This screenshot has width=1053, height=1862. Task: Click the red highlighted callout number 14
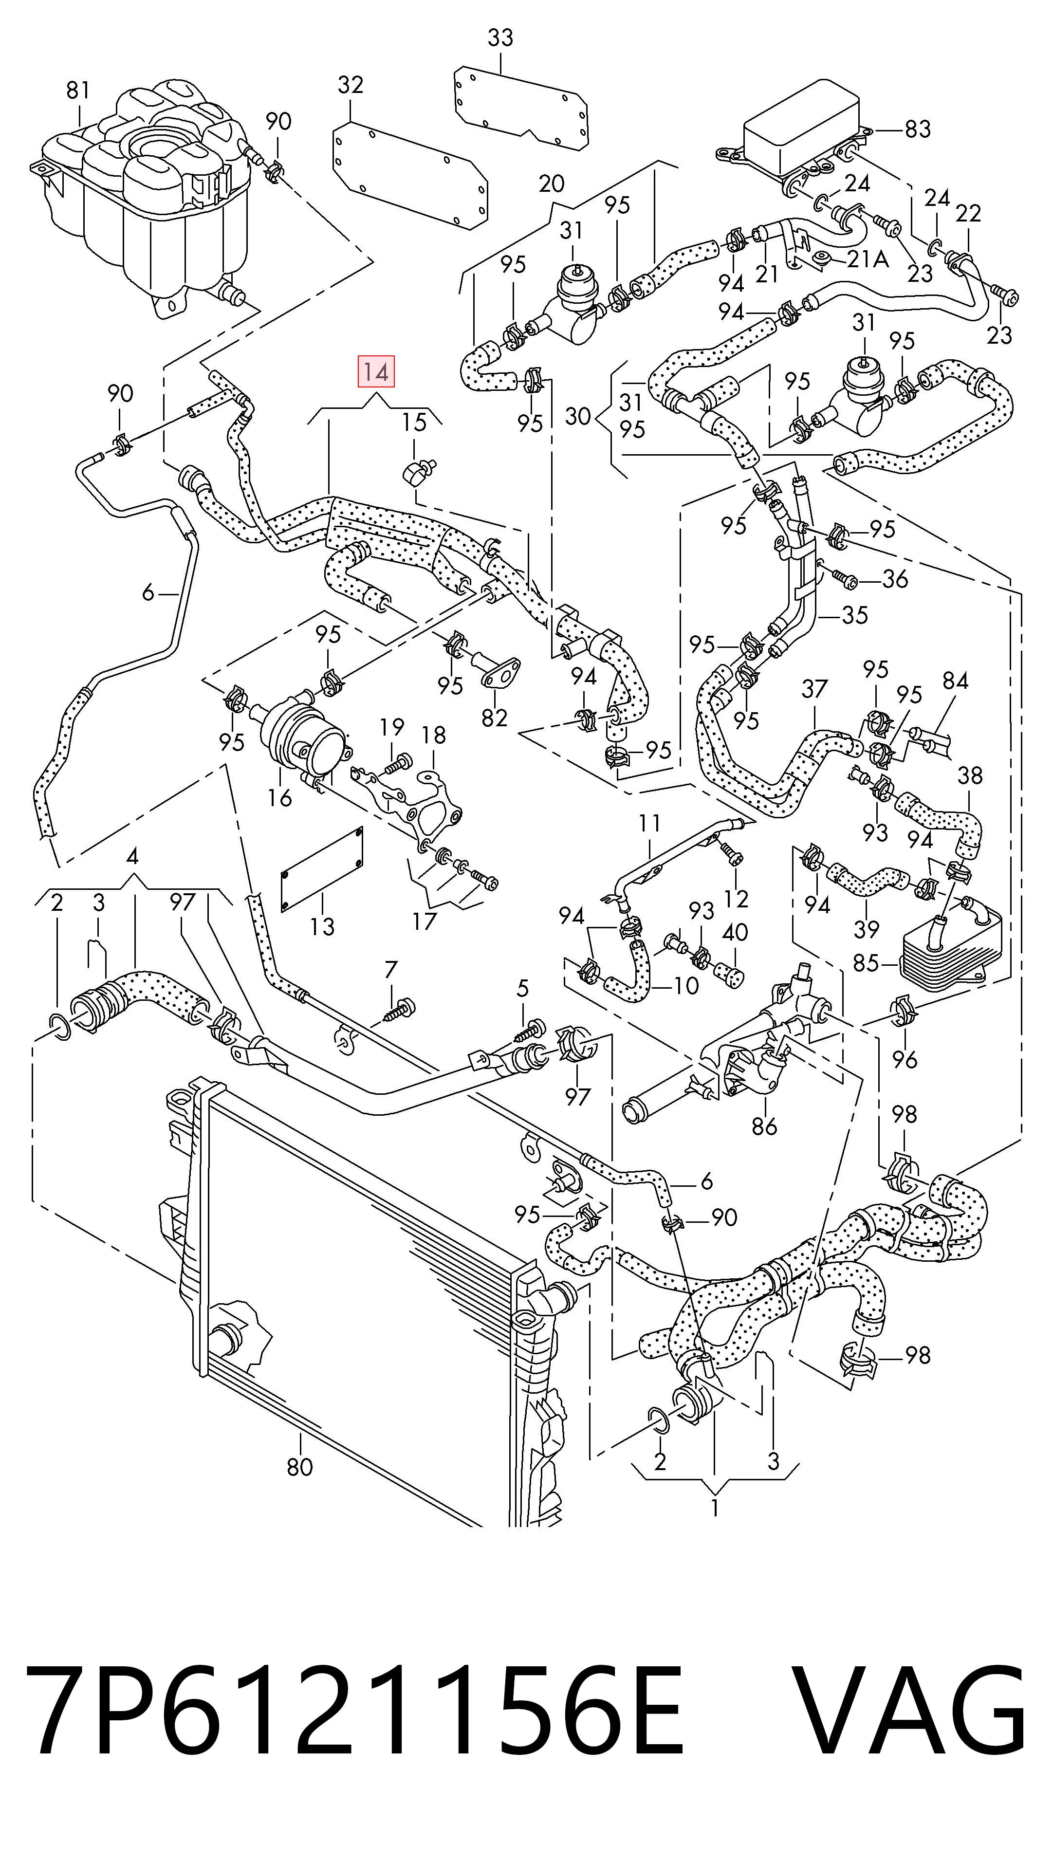[x=376, y=372]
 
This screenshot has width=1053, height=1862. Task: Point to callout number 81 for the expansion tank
[x=78, y=91]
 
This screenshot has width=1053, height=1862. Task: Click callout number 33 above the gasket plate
[x=500, y=37]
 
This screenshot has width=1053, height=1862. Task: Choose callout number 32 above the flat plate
[x=351, y=85]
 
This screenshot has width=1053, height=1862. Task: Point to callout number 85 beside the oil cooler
[x=866, y=963]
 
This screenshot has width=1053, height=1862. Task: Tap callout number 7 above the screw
[x=391, y=968]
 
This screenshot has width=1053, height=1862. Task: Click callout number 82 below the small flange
[x=495, y=718]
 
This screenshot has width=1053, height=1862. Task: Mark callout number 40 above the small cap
[x=735, y=933]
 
